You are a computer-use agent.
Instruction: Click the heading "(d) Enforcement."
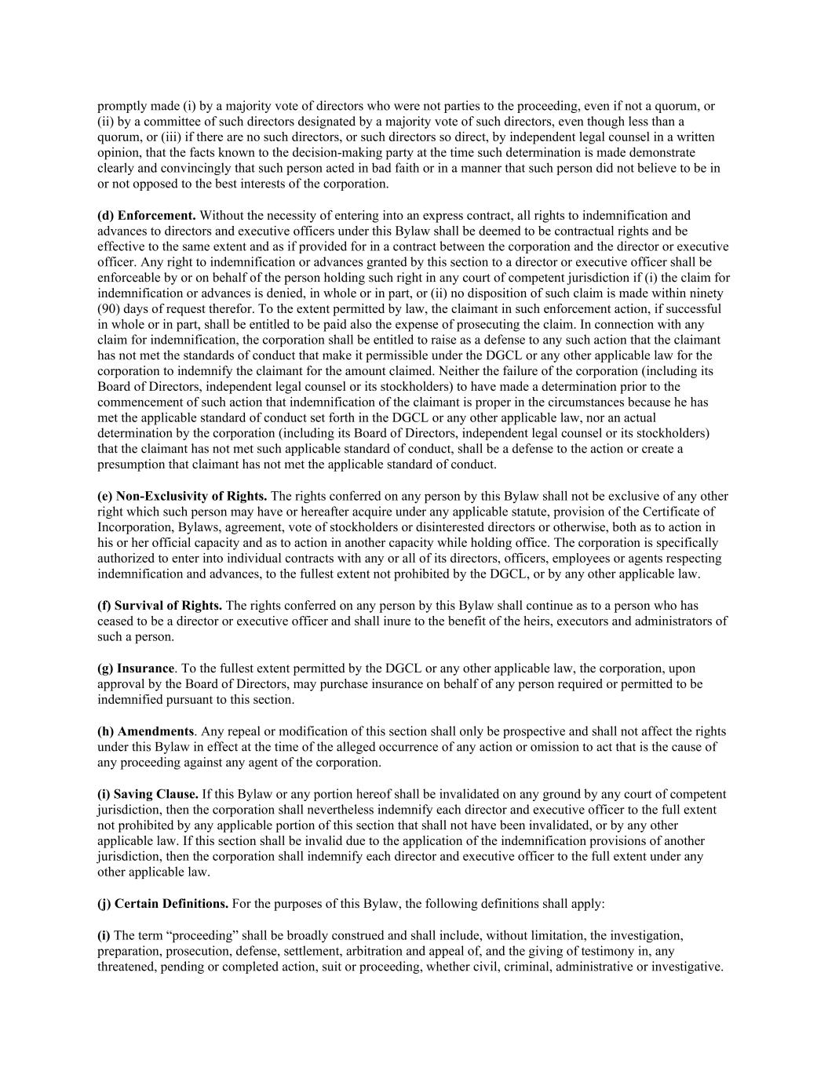point(147,215)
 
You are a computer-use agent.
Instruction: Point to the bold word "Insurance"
point(145,668)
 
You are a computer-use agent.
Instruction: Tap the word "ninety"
point(706,293)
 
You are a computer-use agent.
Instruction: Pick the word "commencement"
point(140,402)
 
